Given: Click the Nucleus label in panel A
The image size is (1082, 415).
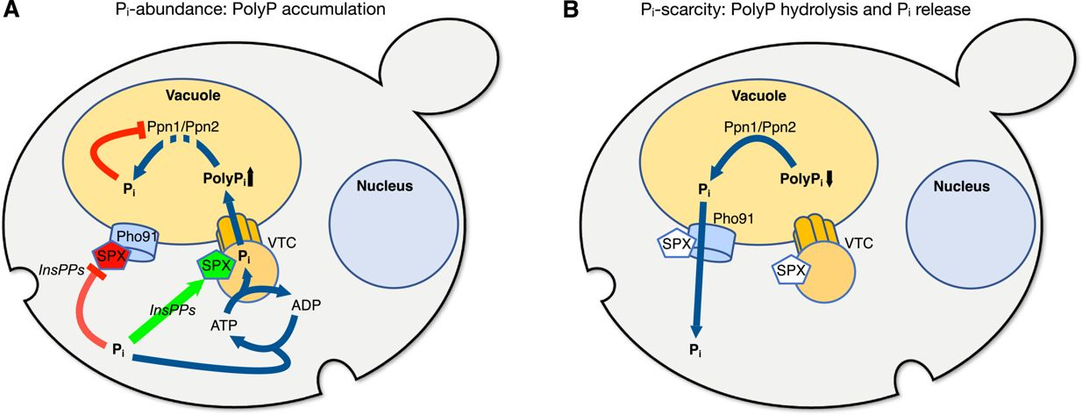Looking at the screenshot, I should point(380,186).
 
